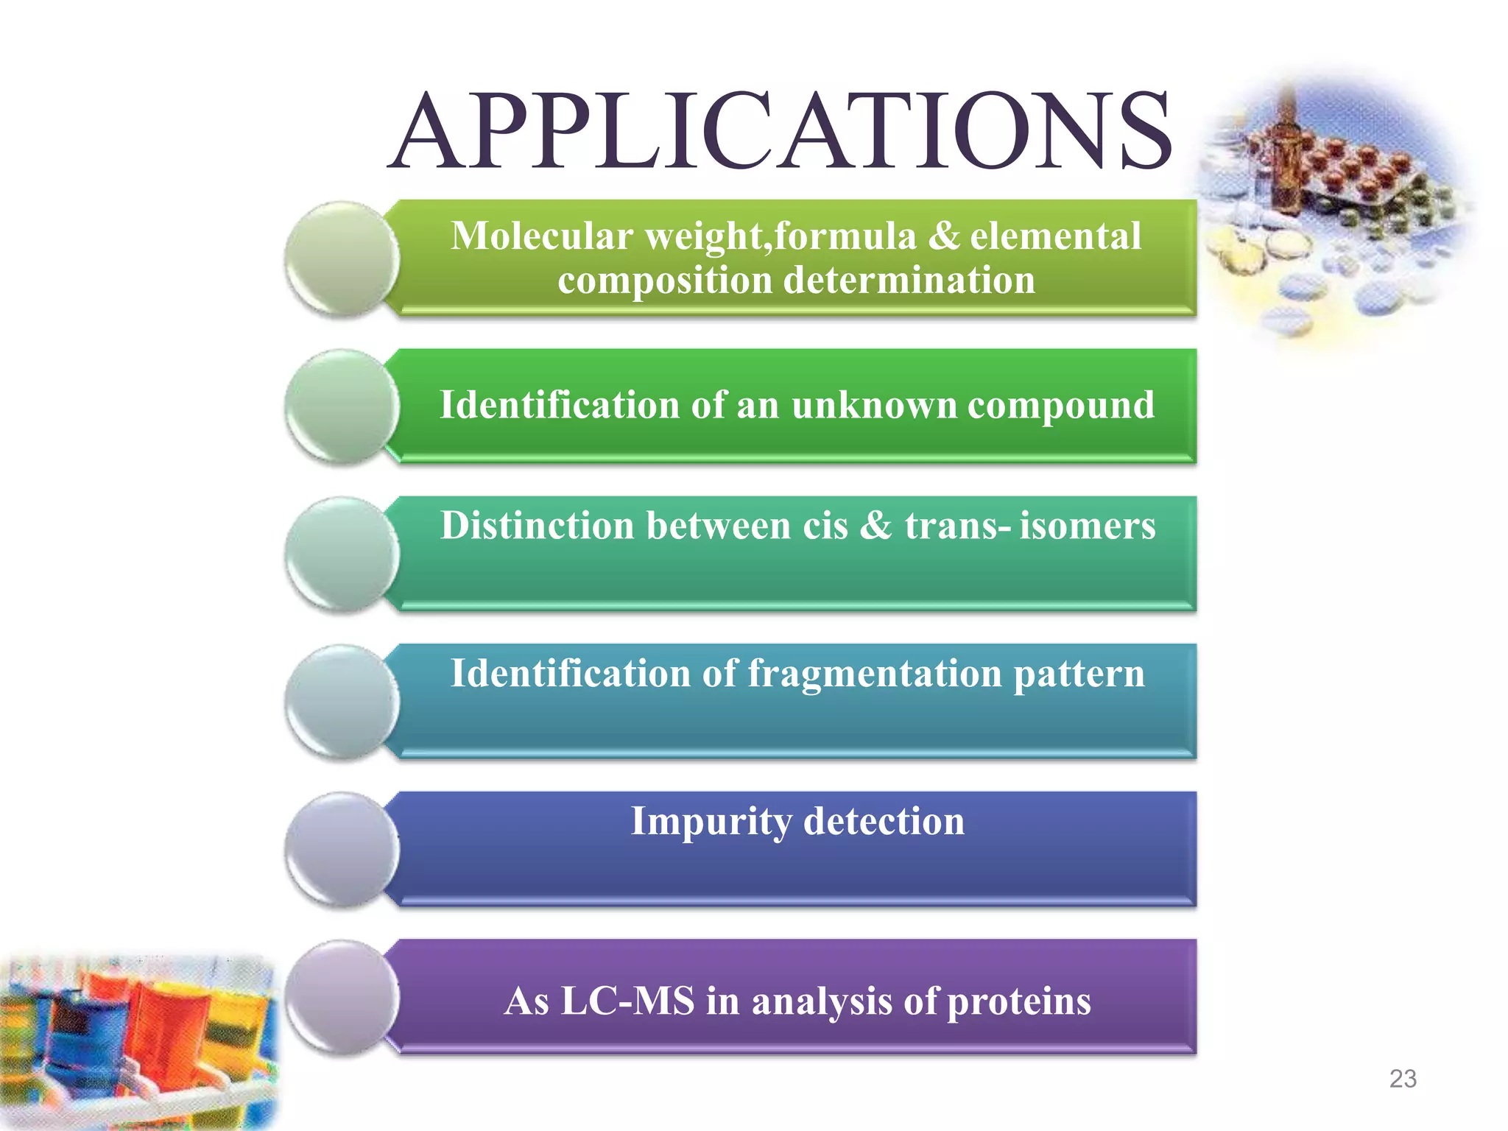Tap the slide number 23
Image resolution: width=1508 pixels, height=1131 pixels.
[x=1403, y=1079]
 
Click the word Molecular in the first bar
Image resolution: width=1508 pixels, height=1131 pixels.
[x=541, y=236]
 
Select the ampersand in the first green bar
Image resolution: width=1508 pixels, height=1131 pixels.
[x=944, y=236]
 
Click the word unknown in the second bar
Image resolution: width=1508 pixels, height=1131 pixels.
[x=874, y=405]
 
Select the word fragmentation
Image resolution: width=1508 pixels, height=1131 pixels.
[x=875, y=674]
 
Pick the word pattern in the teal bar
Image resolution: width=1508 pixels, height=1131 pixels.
[x=1079, y=674]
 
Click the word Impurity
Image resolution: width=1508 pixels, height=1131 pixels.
[x=711, y=822]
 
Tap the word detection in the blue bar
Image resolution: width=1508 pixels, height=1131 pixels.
[x=884, y=821]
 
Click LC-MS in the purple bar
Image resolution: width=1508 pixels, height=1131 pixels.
[x=627, y=1001]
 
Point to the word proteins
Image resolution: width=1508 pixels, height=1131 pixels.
[x=1019, y=1002]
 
